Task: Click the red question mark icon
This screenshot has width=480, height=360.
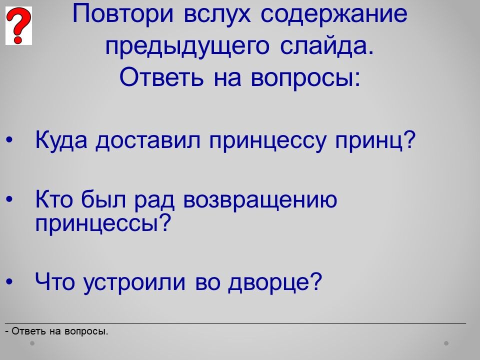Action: coord(18,25)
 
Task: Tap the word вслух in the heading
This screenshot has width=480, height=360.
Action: coord(217,14)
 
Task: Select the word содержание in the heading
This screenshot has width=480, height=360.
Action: coord(334,14)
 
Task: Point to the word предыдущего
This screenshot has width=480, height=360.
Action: coord(187,46)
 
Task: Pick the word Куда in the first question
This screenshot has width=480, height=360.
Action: coord(61,140)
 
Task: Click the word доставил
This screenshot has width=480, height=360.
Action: coord(148,140)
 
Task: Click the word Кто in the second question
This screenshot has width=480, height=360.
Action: coord(54,199)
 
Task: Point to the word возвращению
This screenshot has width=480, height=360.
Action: coord(260,200)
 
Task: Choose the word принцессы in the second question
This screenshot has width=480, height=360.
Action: coord(102,224)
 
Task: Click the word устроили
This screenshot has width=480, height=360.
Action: coord(134,282)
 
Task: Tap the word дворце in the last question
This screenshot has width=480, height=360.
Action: coord(275,281)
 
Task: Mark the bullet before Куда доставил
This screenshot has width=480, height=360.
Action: coord(9,140)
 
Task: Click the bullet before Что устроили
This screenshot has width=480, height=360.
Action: coord(9,281)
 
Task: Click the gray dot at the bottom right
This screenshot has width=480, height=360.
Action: coord(446,343)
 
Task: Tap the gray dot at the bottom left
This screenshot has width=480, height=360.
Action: coord(32,343)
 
